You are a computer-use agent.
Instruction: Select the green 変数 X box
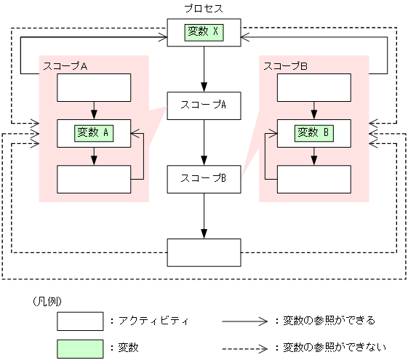coord(204,31)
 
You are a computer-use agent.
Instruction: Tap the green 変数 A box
coord(94,132)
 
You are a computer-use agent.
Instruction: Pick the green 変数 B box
coord(314,132)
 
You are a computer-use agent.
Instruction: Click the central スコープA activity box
coord(204,105)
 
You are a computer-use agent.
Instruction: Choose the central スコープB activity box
coord(204,178)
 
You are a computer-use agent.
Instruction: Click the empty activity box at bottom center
coord(204,252)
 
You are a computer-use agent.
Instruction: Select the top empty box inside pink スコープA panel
coord(94,87)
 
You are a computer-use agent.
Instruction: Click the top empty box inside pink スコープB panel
coord(314,87)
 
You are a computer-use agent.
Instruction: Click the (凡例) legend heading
coord(45,300)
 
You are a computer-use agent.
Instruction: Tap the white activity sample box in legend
coord(80,321)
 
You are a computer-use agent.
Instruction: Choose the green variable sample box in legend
coord(80,348)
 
